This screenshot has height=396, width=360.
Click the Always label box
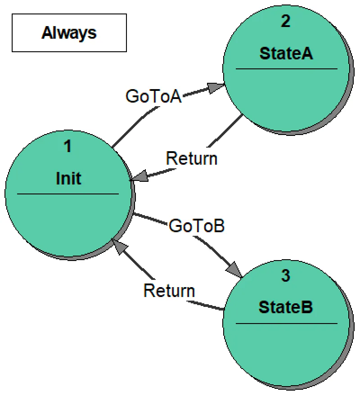pyautogui.click(x=69, y=33)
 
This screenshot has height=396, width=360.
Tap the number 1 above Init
pyautogui.click(x=68, y=147)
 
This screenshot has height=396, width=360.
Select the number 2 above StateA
pyautogui.click(x=286, y=22)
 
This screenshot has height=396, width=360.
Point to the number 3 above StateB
pyautogui.click(x=286, y=276)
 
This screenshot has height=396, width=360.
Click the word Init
pyautogui.click(x=68, y=179)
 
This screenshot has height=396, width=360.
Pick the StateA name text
pyautogui.click(x=286, y=54)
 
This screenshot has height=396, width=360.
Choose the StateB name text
pyautogui.click(x=286, y=308)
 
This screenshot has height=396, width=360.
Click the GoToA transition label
pyautogui.click(x=153, y=96)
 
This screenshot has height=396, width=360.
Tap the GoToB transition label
pyautogui.click(x=196, y=226)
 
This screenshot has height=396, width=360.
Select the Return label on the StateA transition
pyautogui.click(x=192, y=158)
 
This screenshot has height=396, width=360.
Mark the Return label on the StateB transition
pyautogui.click(x=169, y=290)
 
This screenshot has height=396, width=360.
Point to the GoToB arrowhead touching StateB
pyautogui.click(x=235, y=270)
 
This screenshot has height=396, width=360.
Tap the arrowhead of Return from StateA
pyautogui.click(x=139, y=177)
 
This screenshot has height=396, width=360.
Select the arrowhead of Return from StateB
pyautogui.click(x=119, y=245)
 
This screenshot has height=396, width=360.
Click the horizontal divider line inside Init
pyautogui.click(x=68, y=194)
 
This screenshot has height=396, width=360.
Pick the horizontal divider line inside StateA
pyautogui.click(x=286, y=69)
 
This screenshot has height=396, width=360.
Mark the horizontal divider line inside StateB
pyautogui.click(x=286, y=324)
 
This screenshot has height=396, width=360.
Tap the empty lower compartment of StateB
pyautogui.click(x=286, y=351)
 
